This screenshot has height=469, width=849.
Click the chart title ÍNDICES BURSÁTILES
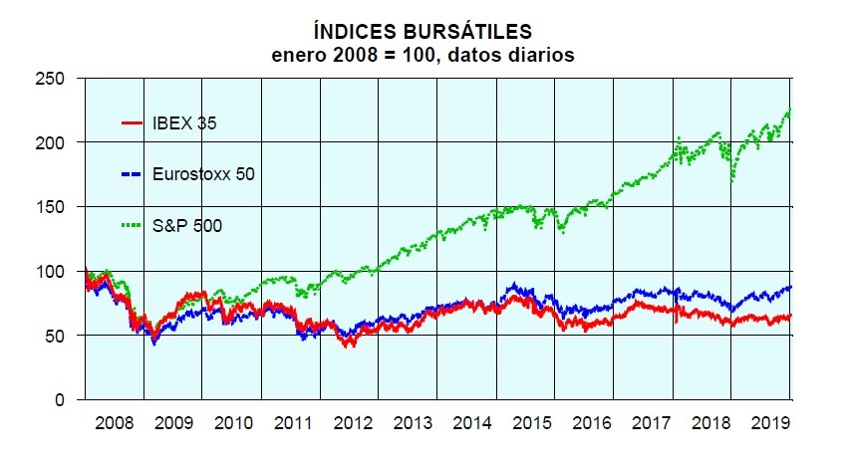[x=423, y=35]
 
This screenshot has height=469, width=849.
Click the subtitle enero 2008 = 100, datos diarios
[x=423, y=56]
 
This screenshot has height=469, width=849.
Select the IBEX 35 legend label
[x=183, y=123]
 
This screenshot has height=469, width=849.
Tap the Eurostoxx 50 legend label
[x=204, y=174]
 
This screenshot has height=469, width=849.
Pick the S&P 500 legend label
[x=187, y=226]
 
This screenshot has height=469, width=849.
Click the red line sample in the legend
[x=134, y=123]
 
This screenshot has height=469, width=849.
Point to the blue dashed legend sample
[x=134, y=174]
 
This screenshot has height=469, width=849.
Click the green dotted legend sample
[x=134, y=226]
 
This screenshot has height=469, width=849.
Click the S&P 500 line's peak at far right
[x=789, y=110]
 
